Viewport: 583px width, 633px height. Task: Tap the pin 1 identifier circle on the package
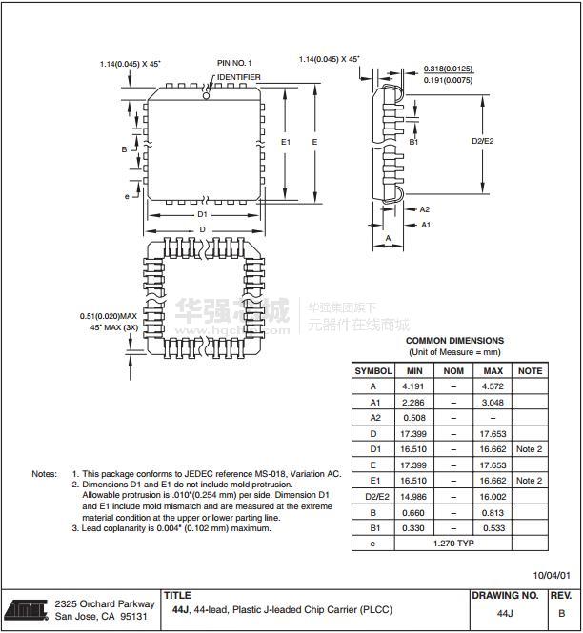[206, 94]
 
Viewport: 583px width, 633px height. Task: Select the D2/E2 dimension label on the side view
[483, 141]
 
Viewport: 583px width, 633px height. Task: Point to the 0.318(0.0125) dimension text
[448, 69]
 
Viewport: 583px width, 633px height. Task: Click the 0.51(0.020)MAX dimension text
[109, 316]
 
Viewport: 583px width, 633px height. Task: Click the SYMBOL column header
[373, 370]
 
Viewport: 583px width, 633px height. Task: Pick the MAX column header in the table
[493, 370]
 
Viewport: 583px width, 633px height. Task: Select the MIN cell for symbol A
[414, 386]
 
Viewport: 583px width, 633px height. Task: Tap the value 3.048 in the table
[493, 402]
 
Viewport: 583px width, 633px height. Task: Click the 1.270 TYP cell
[453, 544]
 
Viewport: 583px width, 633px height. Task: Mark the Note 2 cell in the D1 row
[529, 449]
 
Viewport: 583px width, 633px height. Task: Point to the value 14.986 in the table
[414, 497]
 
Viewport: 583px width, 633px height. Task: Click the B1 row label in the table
[373, 528]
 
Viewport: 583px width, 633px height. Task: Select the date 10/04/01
[552, 575]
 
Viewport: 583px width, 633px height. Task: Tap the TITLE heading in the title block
[177, 595]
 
